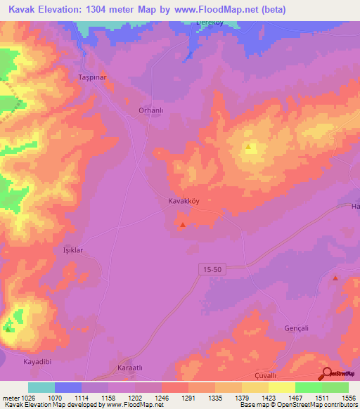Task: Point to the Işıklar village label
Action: point(74,249)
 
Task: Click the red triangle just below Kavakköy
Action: point(183,225)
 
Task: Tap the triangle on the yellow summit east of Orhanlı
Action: point(249,148)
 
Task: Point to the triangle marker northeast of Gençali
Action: point(335,279)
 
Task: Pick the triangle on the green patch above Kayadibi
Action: point(8,327)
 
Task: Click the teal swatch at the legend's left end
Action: point(41,387)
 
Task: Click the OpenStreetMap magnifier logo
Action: point(327,373)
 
